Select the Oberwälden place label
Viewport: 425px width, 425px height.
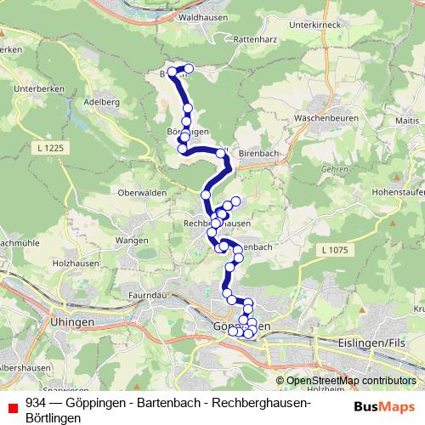pyautogui.click(x=140, y=192)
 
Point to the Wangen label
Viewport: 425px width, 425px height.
pyautogui.click(x=133, y=241)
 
